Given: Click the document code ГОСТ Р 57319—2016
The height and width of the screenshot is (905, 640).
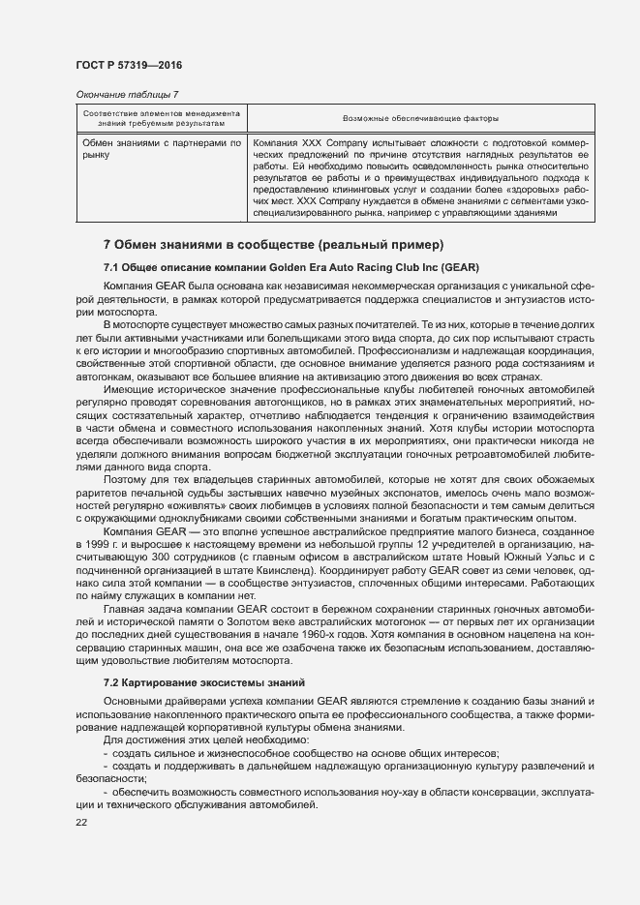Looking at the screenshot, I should tap(129, 65).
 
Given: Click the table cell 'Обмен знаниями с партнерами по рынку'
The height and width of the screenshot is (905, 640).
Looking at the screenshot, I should tap(161, 148).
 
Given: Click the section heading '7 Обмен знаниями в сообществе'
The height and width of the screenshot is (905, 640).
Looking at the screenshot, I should tap(273, 244).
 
